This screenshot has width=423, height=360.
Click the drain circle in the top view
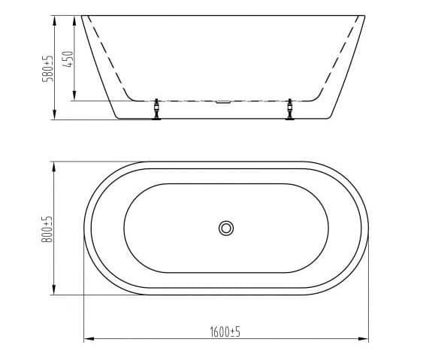(x=225, y=228)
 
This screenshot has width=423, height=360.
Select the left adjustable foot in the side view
(x=156, y=110)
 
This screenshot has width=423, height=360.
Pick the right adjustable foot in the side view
(x=290, y=110)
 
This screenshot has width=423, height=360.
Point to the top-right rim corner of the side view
(x=365, y=15)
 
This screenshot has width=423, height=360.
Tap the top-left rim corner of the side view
(x=82, y=15)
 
